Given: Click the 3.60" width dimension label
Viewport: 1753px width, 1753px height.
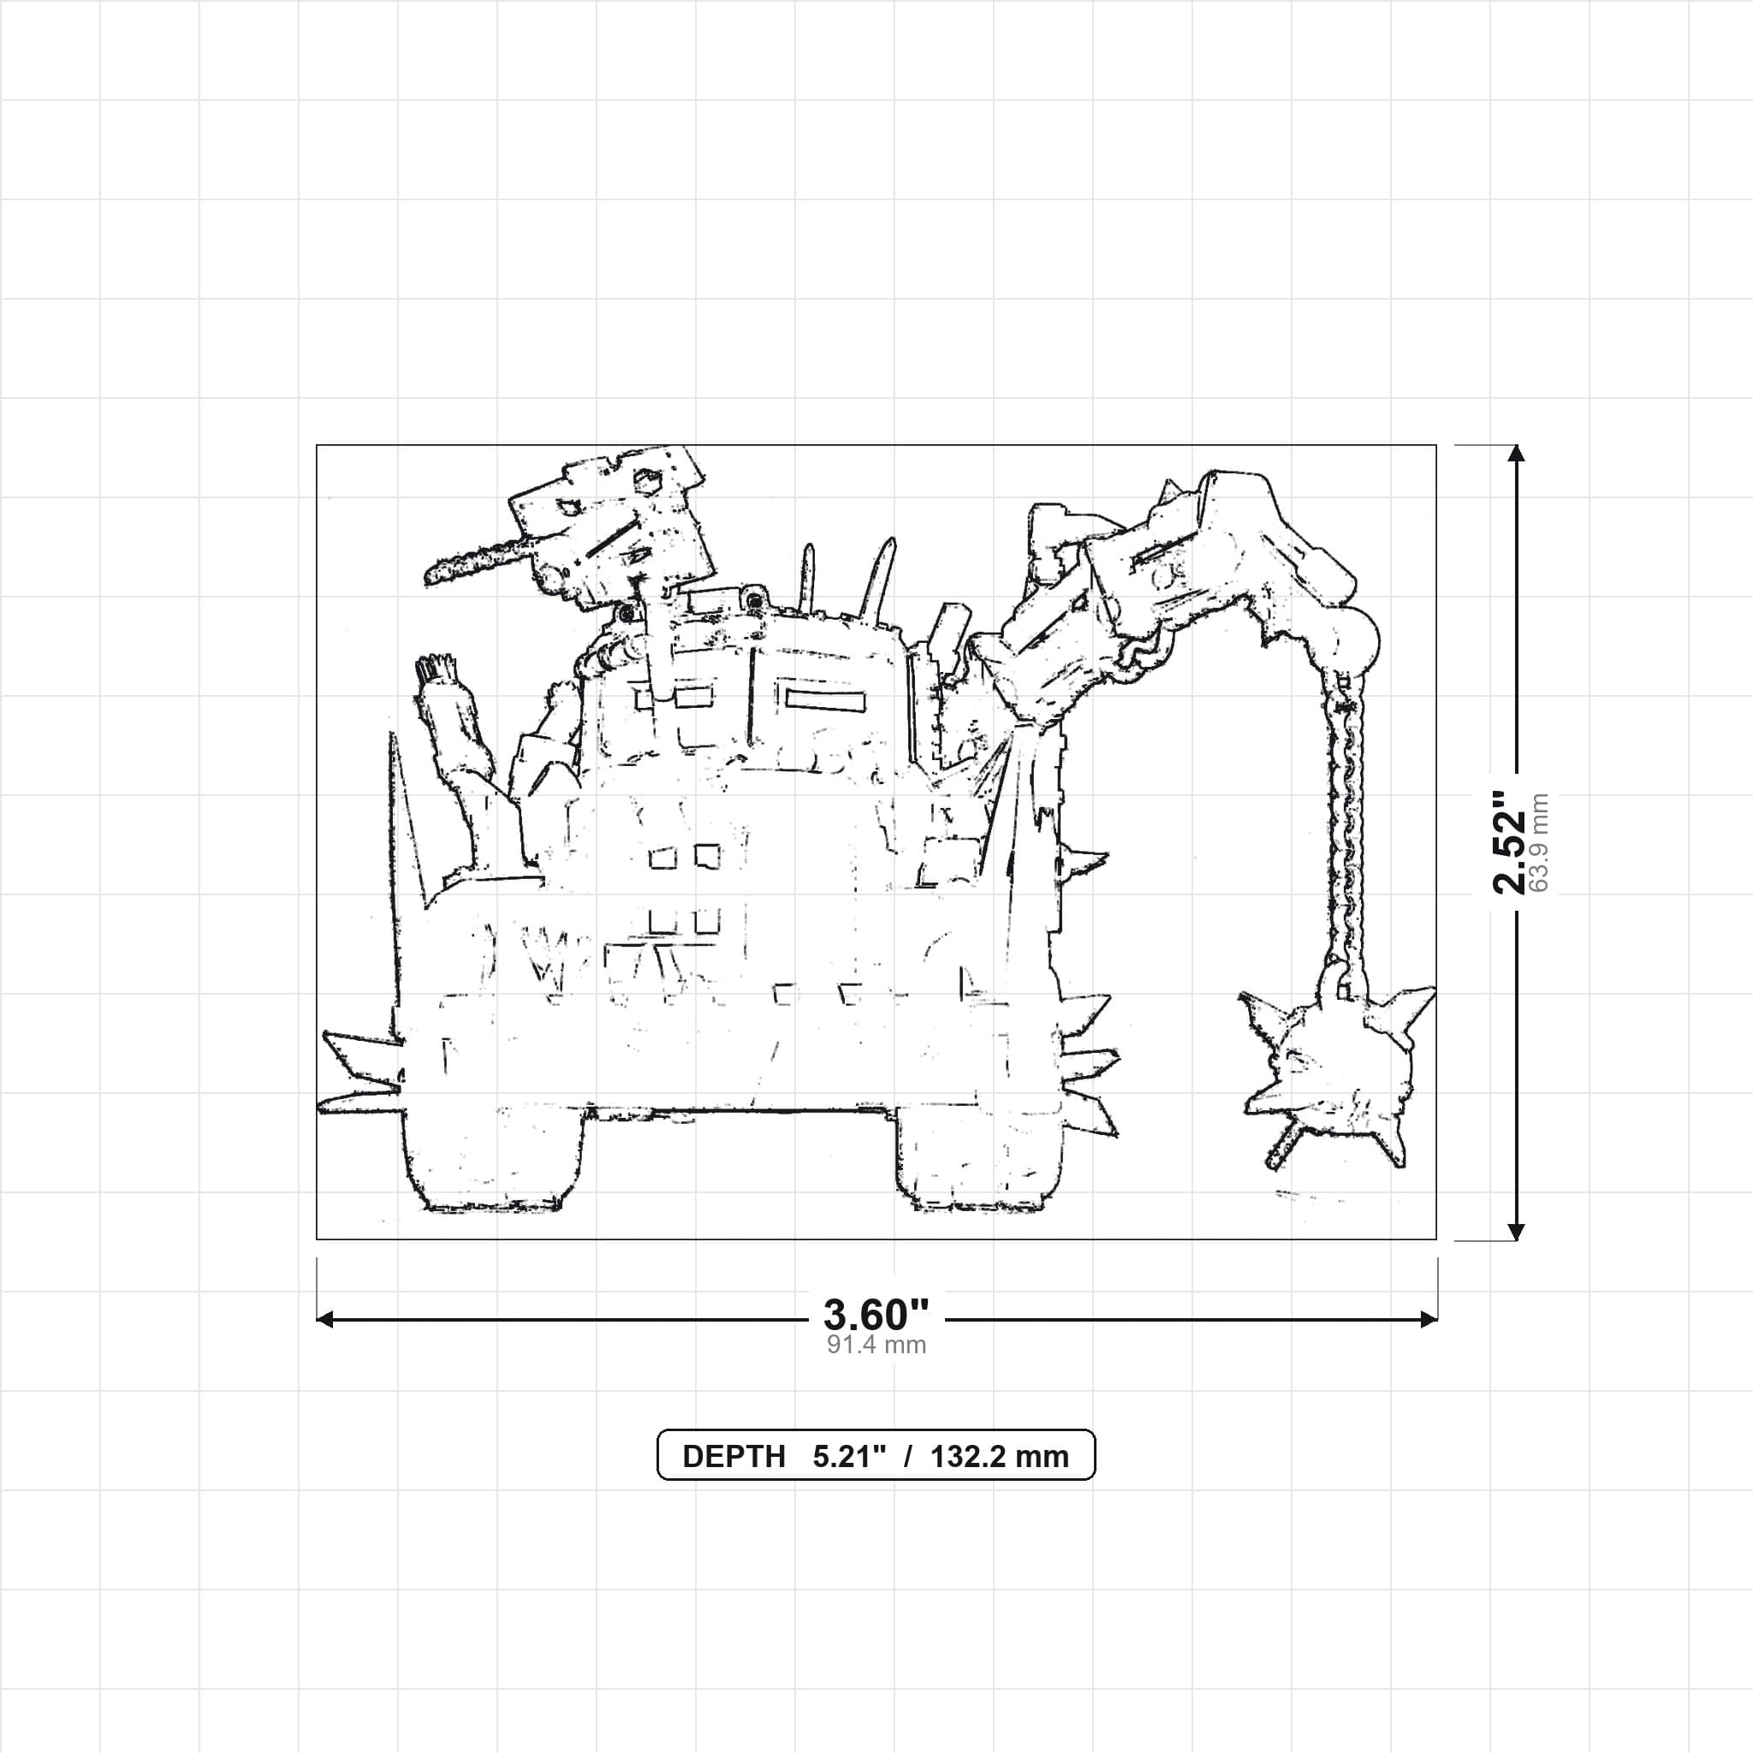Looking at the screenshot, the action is (x=876, y=1314).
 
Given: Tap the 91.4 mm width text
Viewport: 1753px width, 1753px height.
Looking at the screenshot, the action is (x=876, y=1345).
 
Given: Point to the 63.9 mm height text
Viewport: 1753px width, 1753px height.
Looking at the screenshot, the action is (x=1539, y=842).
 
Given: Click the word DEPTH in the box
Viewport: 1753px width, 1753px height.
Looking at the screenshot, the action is (x=734, y=1456).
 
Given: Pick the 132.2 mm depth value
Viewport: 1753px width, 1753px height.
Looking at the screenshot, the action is (x=999, y=1456).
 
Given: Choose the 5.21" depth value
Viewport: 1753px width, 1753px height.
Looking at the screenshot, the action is (x=848, y=1456).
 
